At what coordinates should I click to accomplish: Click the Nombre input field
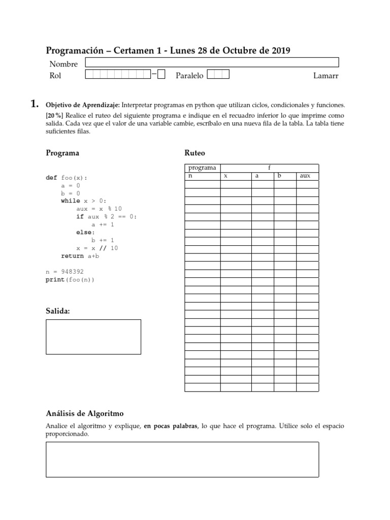click(x=212, y=62)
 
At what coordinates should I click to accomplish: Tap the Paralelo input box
click(x=218, y=75)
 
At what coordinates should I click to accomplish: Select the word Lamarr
click(x=326, y=76)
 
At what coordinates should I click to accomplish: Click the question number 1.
click(x=35, y=104)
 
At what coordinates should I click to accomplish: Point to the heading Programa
click(x=62, y=153)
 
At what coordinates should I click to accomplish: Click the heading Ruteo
click(x=194, y=153)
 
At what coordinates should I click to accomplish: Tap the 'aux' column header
click(x=305, y=176)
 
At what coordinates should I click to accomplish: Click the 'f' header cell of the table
click(x=269, y=168)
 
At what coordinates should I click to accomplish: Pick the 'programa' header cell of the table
click(x=202, y=168)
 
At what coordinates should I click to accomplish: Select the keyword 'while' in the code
click(x=71, y=201)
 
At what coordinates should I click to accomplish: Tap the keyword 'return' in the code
click(x=72, y=256)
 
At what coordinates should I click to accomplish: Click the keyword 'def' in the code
click(x=51, y=178)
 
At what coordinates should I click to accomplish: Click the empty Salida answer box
click(x=93, y=336)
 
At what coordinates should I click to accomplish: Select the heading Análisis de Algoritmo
click(x=85, y=414)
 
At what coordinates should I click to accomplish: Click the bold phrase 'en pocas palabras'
click(x=171, y=426)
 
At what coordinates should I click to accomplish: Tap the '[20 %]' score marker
click(x=55, y=115)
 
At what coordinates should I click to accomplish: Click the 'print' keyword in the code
click(x=55, y=279)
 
